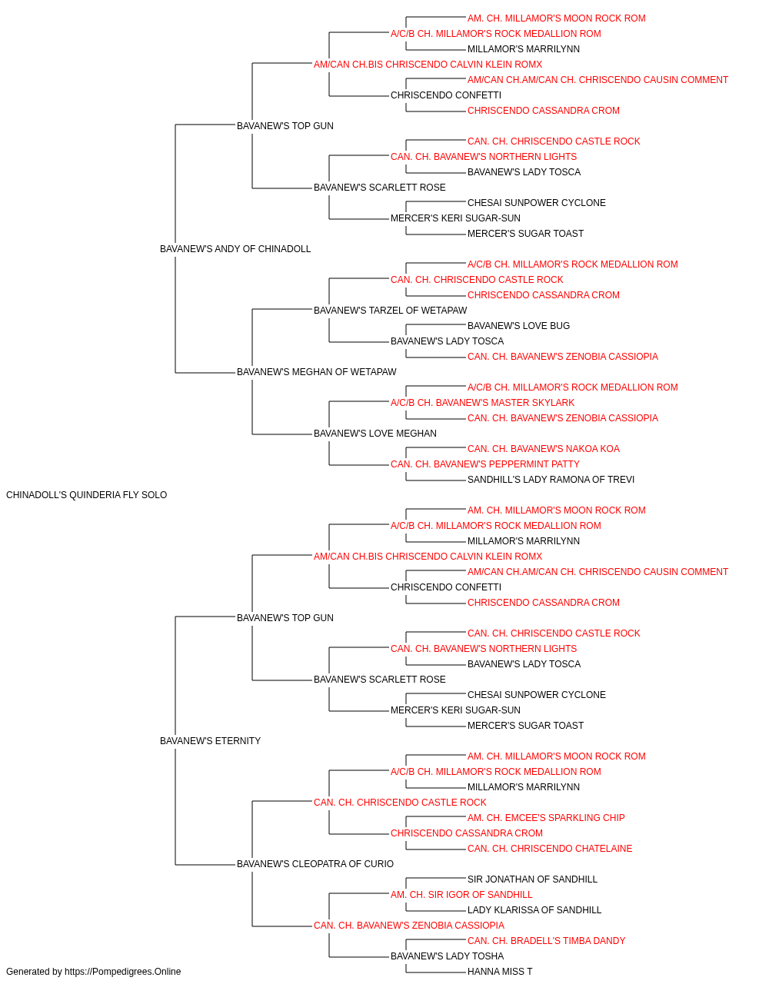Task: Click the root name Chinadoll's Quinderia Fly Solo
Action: point(86,495)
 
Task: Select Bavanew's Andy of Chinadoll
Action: point(235,249)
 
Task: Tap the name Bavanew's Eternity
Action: point(210,741)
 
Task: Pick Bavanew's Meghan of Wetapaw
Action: point(316,372)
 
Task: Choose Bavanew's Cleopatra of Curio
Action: point(315,864)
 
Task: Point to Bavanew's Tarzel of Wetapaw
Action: point(390,310)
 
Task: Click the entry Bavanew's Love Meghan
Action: point(375,434)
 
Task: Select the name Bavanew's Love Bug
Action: point(518,326)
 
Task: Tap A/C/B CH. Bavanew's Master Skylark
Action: point(482,403)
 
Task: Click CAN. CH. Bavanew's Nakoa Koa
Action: point(544,449)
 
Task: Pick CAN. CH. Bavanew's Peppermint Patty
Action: point(485,464)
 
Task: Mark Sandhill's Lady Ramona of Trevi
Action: point(551,480)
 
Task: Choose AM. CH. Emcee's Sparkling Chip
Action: point(546,818)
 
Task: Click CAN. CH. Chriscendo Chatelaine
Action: point(550,849)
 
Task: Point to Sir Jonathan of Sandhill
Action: point(532,879)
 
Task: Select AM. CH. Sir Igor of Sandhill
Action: point(461,895)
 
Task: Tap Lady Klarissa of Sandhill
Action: point(534,910)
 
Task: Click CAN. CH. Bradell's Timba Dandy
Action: point(546,941)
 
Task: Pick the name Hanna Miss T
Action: point(500,972)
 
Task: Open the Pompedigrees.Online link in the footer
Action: point(122,972)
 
